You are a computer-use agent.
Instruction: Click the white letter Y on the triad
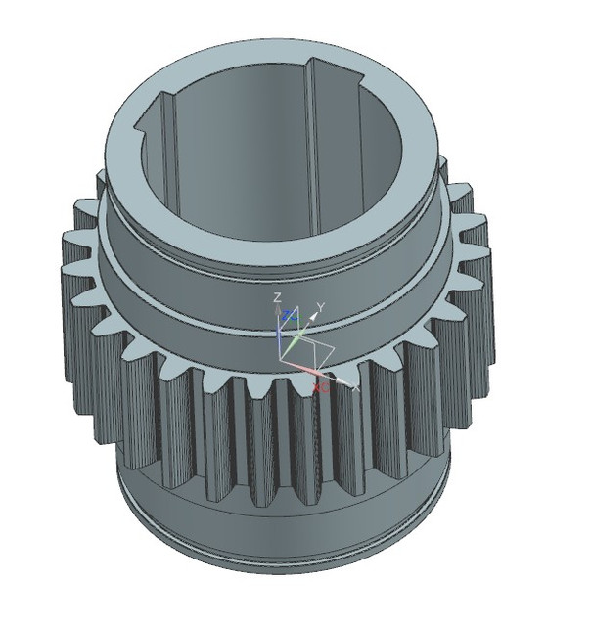tap(320, 306)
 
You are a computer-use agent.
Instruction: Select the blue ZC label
tap(289, 316)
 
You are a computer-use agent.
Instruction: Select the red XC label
tap(319, 387)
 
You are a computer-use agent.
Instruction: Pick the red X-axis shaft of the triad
tap(303, 370)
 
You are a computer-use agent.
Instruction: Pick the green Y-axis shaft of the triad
tap(296, 338)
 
